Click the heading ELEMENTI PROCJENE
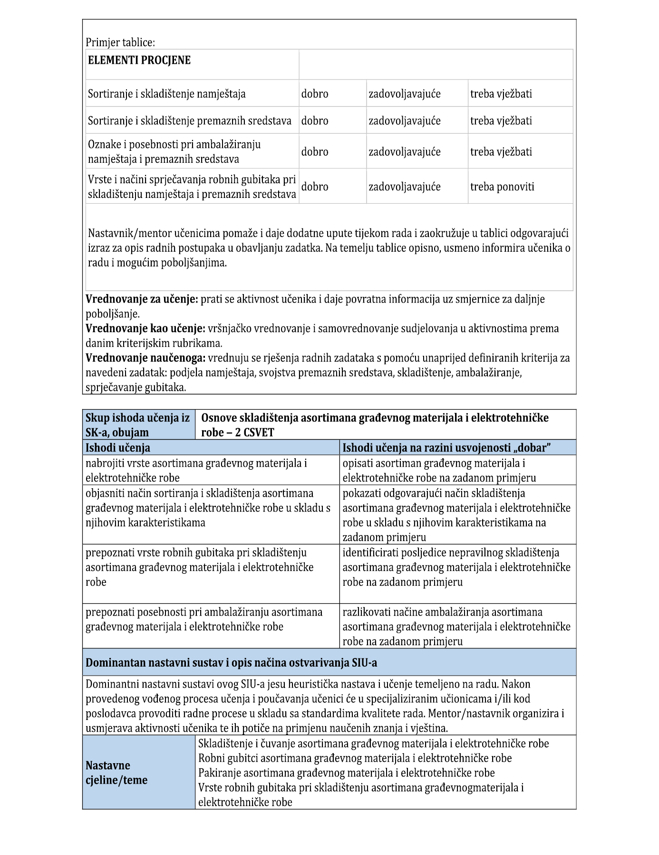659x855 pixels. [x=139, y=60]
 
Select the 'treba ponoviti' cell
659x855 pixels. [x=502, y=187]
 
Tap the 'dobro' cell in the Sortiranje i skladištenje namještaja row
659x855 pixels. [x=315, y=94]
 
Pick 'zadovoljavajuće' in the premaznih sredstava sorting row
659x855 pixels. [x=405, y=121]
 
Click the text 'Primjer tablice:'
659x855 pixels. [x=120, y=42]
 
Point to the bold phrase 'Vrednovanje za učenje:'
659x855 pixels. [x=142, y=299]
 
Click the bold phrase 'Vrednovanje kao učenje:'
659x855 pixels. [x=145, y=328]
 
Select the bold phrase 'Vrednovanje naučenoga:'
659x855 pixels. [x=145, y=358]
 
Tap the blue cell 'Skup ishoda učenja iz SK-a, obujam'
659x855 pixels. [x=138, y=425]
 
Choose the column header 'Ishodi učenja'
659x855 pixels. [x=118, y=448]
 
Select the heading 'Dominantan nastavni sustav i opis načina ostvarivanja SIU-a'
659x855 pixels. [x=232, y=663]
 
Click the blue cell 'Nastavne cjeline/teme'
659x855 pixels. [x=116, y=773]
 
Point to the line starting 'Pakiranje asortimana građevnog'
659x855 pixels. [x=346, y=773]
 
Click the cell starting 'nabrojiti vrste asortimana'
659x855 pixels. [x=196, y=470]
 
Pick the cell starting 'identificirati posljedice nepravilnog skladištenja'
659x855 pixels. [x=456, y=567]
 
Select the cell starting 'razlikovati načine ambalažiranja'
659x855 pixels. [x=456, y=627]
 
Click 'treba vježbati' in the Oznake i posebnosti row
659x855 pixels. [x=501, y=152]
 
